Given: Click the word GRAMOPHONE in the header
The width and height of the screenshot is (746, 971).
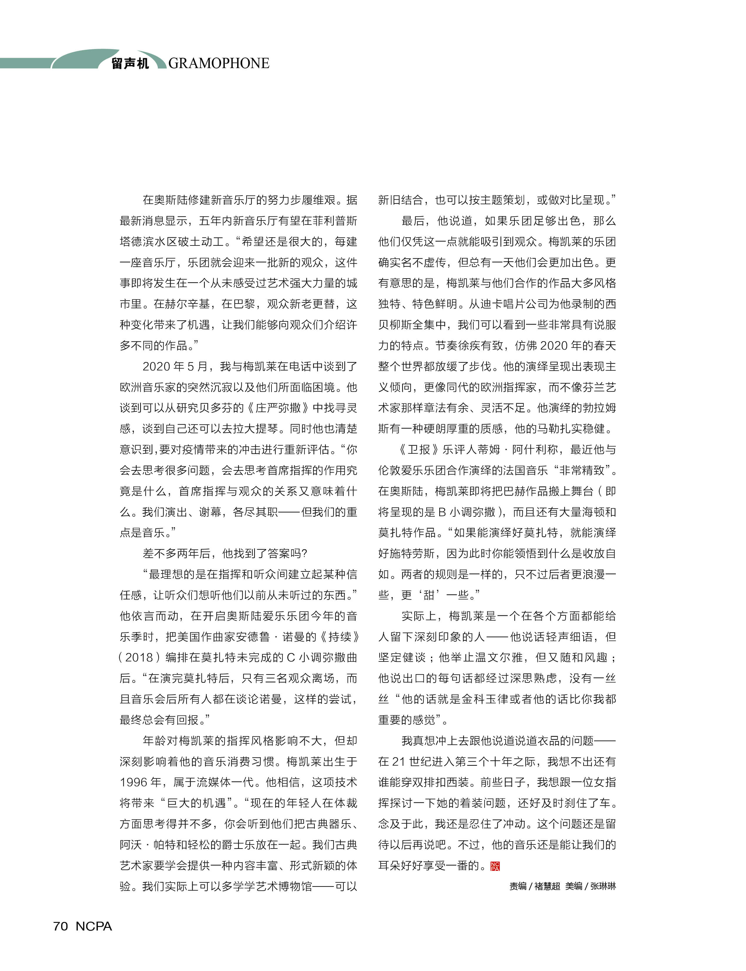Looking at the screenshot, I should pos(219,63).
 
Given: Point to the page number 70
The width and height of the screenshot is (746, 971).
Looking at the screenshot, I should pos(61,926).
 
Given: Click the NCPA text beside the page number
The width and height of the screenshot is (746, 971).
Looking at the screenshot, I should pos(94,926).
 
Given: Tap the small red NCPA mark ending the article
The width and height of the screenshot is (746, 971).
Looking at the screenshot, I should pos(495,866).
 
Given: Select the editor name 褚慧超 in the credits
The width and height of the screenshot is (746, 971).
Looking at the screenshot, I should pos(547,886).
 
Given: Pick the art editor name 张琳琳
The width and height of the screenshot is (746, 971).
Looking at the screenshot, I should pos(603,886).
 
